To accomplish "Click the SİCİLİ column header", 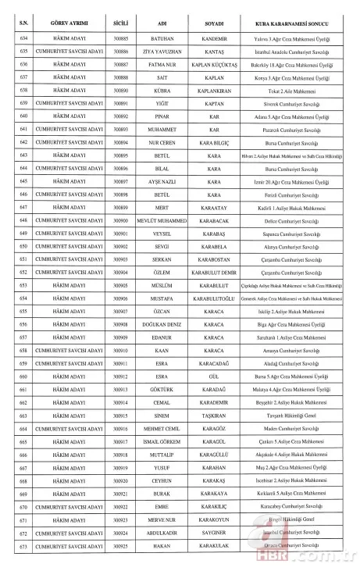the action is coord(121,15).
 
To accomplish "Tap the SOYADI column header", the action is coord(214,15).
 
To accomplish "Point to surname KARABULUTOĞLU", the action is coord(214,298).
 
